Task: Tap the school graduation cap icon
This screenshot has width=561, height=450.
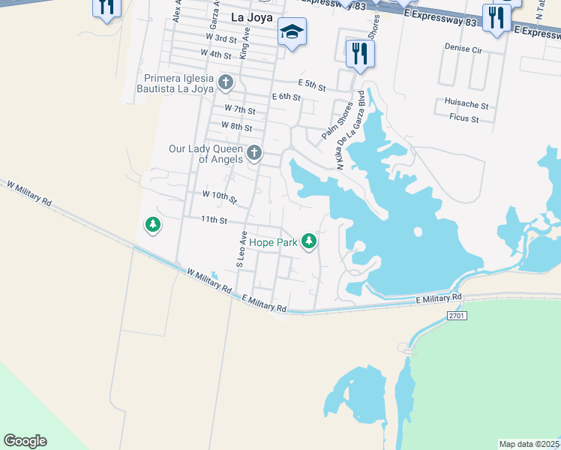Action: pos(292,31)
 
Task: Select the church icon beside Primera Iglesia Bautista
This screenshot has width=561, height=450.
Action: pos(225,81)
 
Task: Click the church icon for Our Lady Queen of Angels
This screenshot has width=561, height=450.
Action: pos(254,154)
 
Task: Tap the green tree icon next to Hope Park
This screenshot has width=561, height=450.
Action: pos(308,241)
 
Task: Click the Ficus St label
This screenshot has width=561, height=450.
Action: pos(464,118)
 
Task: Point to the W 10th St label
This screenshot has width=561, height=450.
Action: pos(220,196)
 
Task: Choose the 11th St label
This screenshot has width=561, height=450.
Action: pos(214,220)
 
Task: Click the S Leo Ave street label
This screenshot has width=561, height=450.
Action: pos(241,250)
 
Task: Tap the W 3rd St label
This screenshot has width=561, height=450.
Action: pos(220,37)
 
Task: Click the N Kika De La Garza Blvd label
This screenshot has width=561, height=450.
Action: pos(350,130)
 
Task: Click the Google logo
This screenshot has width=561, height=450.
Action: pos(25,441)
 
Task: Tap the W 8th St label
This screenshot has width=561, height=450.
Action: pos(237,127)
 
